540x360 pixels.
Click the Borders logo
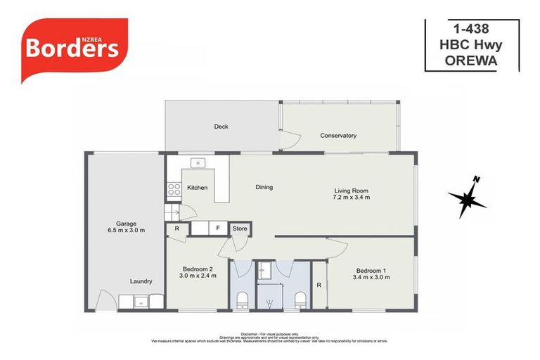coord(74,47)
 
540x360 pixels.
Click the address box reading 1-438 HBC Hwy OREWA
coord(471,45)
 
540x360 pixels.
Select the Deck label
coord(221,127)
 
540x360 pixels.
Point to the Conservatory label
coord(338,136)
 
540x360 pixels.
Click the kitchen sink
coord(198,163)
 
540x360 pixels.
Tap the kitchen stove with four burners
coord(174,188)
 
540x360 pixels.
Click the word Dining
coord(264,187)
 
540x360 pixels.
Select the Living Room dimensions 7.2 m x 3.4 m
coord(351,198)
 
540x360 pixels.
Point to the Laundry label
coord(141,281)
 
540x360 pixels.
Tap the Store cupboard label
coord(240,229)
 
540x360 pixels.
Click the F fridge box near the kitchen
coord(218,229)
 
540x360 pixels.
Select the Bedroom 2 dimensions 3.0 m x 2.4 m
coord(198,276)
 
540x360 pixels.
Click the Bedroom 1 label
coord(372,270)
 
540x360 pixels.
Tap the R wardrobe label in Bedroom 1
coord(319,285)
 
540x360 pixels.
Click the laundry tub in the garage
coord(141,302)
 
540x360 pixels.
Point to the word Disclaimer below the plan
coord(250,334)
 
